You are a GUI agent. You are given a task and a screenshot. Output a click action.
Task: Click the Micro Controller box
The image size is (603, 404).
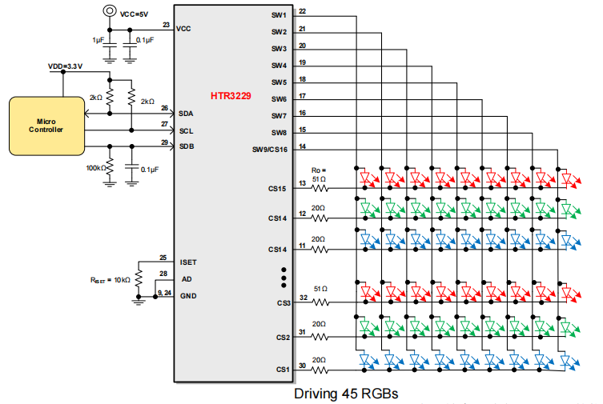click(x=46, y=125)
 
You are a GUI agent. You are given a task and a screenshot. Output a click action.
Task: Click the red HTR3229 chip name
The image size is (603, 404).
click(x=231, y=96)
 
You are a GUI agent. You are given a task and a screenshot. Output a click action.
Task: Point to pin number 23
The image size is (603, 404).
click(x=166, y=26)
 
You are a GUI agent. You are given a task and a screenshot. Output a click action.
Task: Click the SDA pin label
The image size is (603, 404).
click(x=186, y=114)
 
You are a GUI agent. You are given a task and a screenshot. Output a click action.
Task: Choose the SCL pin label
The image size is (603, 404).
click(x=186, y=130)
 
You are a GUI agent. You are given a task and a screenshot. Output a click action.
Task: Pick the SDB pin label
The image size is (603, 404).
click(x=186, y=146)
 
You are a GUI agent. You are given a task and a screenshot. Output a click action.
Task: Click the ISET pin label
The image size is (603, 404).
click(x=188, y=262)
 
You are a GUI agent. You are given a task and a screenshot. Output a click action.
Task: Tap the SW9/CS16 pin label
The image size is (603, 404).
click(x=269, y=150)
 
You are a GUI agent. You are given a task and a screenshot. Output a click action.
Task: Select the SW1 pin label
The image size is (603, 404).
click(x=279, y=15)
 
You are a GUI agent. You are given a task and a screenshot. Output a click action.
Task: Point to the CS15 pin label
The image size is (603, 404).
click(x=278, y=190)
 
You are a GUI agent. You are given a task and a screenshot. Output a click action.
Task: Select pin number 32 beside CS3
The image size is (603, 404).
click(x=302, y=296)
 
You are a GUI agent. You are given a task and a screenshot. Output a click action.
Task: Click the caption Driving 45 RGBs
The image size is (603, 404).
click(x=345, y=394)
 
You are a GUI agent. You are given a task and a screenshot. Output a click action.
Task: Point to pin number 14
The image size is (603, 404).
click(x=301, y=146)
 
